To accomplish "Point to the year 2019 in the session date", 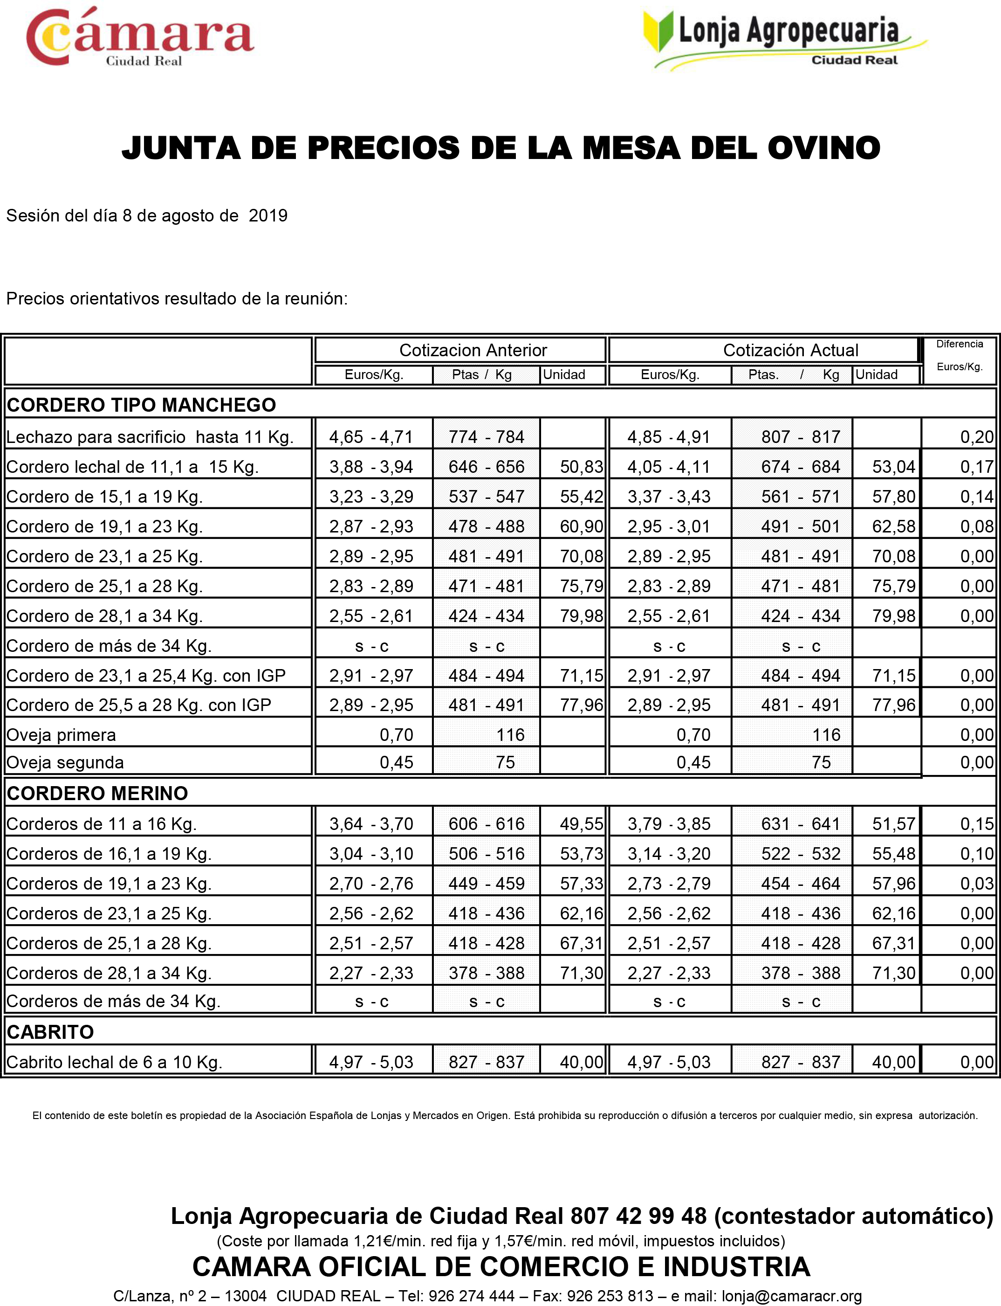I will pyautogui.click(x=268, y=216).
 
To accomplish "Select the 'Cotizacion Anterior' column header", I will pyautogui.click(x=473, y=350).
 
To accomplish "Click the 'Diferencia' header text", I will pyautogui.click(x=959, y=344).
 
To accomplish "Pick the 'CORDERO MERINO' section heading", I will pyautogui.click(x=97, y=794).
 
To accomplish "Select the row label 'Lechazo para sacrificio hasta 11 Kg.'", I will pyautogui.click(x=150, y=437).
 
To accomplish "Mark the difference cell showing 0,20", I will pyautogui.click(x=977, y=437).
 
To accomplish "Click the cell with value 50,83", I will pyautogui.click(x=581, y=467).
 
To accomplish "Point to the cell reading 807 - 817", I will pyautogui.click(x=800, y=437).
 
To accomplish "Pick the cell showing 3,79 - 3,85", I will pyautogui.click(x=669, y=824).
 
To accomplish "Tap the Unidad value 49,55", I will pyautogui.click(x=581, y=824).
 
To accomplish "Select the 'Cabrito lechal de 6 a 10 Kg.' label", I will pyautogui.click(x=114, y=1062).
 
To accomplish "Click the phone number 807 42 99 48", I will pyautogui.click(x=638, y=1216).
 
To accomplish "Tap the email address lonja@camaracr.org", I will pyautogui.click(x=791, y=1296).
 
